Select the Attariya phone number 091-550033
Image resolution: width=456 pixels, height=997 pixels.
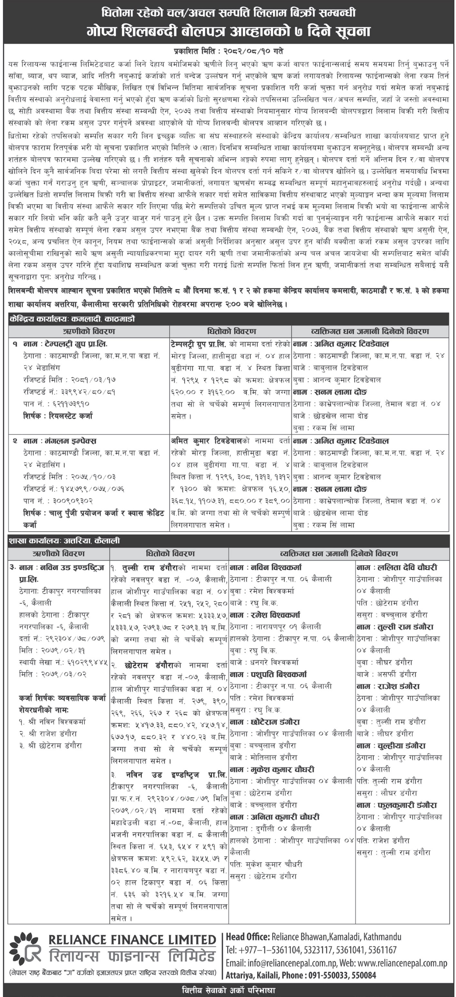tap(328, 976)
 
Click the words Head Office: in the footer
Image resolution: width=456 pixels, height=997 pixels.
tap(248, 937)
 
